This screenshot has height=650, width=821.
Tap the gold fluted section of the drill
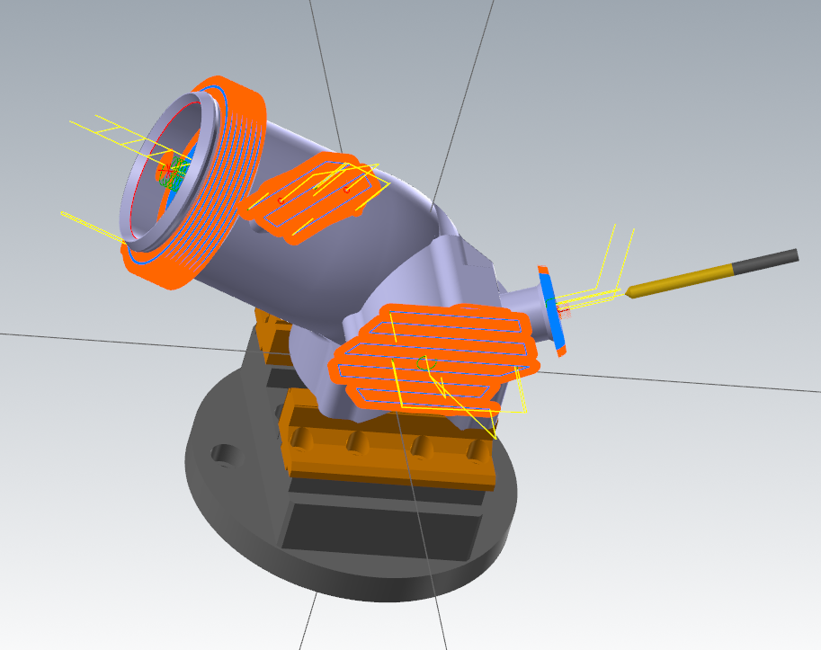[683, 278]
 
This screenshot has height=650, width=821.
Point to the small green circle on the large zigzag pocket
[423, 363]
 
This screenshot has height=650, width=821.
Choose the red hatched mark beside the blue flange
[565, 312]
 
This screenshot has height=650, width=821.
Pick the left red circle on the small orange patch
[281, 199]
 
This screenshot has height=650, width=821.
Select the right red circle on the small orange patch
[347, 190]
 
